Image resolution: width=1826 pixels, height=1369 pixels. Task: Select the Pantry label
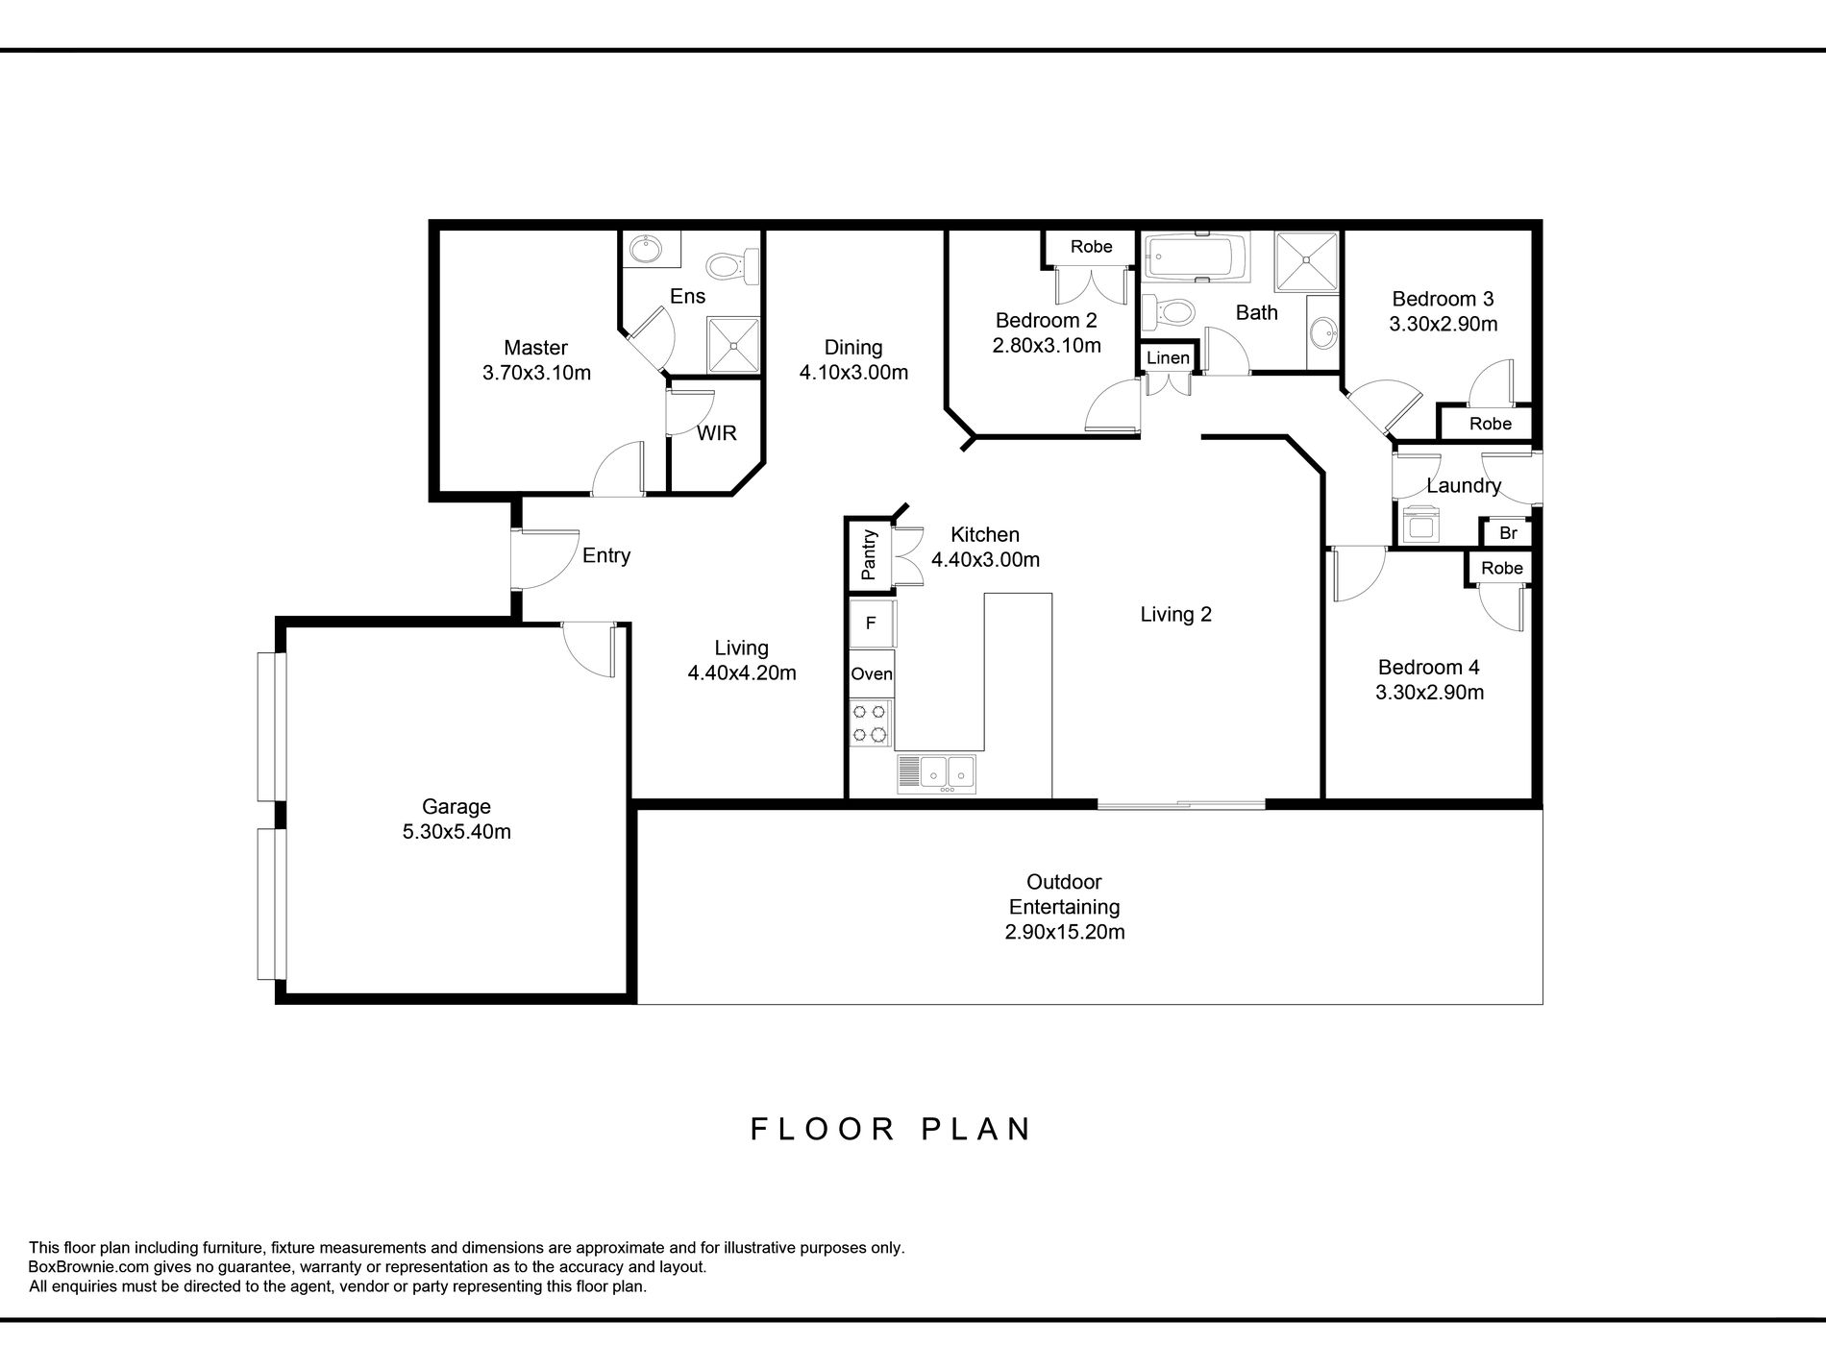[x=869, y=555]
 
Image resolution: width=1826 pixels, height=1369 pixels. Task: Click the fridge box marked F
[x=871, y=623]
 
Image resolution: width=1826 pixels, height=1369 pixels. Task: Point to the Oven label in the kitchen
[x=872, y=674]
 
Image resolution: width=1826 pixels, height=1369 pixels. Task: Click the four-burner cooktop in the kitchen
[x=870, y=723]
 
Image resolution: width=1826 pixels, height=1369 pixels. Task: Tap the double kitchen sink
[x=936, y=773]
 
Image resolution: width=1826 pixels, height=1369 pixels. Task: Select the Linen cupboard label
[x=1169, y=358]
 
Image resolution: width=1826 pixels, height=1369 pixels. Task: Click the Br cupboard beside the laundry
[x=1508, y=533]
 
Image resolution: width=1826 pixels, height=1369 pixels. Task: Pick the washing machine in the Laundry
[x=1419, y=525]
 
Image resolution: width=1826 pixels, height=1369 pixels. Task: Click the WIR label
[x=717, y=433]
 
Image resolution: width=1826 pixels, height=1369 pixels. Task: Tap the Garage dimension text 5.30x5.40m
[x=456, y=832]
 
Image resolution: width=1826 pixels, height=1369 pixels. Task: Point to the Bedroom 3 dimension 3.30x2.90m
[x=1443, y=324]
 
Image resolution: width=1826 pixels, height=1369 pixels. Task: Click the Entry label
[x=606, y=555]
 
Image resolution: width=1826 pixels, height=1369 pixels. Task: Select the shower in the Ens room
[x=734, y=345]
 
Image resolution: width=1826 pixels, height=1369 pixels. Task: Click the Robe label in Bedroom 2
[x=1092, y=247]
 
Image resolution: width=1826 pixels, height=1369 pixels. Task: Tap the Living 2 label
[x=1176, y=615]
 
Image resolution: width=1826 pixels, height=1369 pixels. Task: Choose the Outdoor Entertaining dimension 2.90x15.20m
[x=1065, y=932]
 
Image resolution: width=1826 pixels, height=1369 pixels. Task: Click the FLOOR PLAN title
[x=891, y=1128]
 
